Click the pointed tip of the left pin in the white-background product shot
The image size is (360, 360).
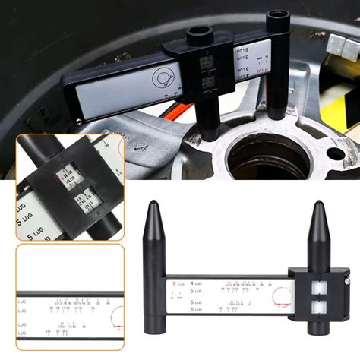[154, 203]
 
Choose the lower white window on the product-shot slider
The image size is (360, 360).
[316, 308]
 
